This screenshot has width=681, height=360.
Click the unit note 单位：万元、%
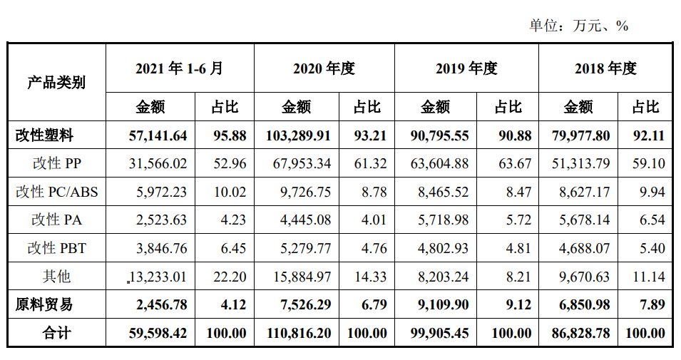point(578,26)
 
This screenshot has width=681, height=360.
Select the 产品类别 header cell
point(56,82)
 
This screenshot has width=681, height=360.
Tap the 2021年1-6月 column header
point(179,68)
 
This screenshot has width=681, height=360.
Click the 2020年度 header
point(324,68)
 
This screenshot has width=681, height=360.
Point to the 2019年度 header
point(466,68)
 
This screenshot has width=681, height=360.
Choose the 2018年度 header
point(605,68)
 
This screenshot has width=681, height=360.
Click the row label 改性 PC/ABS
point(56,192)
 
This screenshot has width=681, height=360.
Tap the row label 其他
point(56,276)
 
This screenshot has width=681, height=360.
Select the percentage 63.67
point(515,163)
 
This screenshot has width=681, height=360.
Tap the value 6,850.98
point(581,304)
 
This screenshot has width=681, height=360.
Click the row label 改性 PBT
point(56,248)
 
